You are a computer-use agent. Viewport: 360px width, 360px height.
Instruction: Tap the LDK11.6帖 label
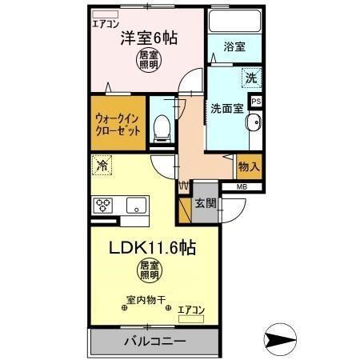tap(150, 246)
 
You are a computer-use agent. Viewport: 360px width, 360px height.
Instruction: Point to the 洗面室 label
tap(226, 107)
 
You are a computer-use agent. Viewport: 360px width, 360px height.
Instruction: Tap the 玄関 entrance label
tap(205, 203)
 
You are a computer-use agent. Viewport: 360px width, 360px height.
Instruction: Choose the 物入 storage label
tap(248, 167)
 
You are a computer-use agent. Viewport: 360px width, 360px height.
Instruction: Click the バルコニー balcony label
tap(154, 342)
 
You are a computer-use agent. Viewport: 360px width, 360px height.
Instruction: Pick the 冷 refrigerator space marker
tap(102, 166)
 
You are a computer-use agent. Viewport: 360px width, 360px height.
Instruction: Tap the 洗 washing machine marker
tap(252, 78)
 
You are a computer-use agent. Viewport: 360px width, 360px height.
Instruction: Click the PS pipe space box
tap(257, 102)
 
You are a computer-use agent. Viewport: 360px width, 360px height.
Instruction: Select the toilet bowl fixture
tap(162, 126)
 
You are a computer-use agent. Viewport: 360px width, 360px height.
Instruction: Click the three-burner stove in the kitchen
tap(104, 206)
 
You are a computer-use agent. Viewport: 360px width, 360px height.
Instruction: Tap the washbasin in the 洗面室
tap(254, 124)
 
